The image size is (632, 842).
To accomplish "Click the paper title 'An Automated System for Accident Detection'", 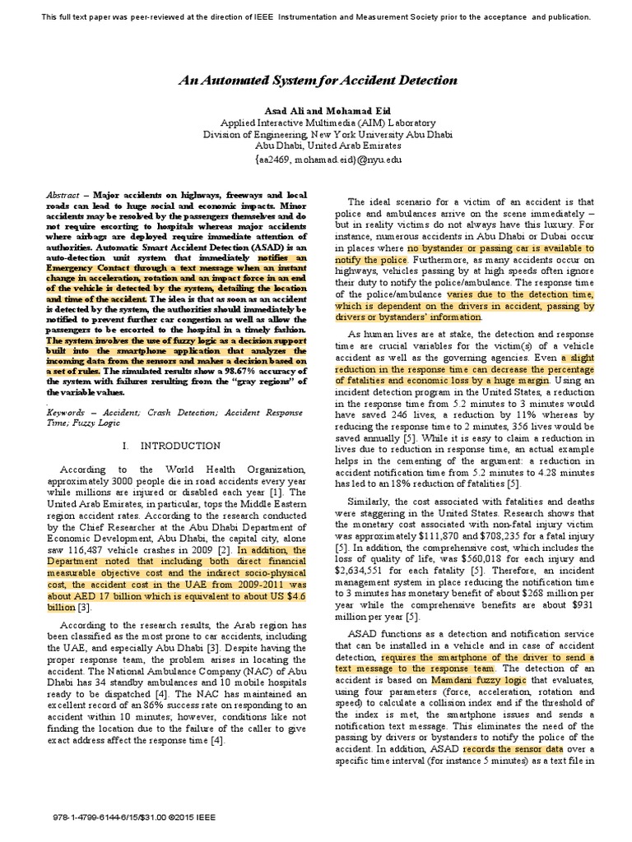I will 318,81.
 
